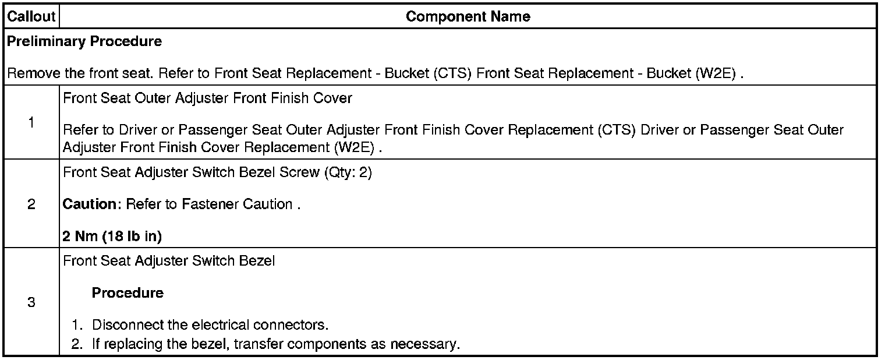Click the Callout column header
click(x=31, y=17)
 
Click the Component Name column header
click(x=468, y=17)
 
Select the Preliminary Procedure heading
click(x=84, y=42)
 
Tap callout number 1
click(x=31, y=122)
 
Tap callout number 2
click(x=31, y=204)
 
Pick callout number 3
click(x=31, y=303)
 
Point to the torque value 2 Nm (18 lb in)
click(x=112, y=237)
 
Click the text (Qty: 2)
click(x=348, y=173)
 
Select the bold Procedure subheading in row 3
click(x=128, y=293)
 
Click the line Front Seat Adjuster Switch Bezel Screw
click(x=192, y=173)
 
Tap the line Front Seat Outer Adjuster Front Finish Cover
click(x=207, y=98)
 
